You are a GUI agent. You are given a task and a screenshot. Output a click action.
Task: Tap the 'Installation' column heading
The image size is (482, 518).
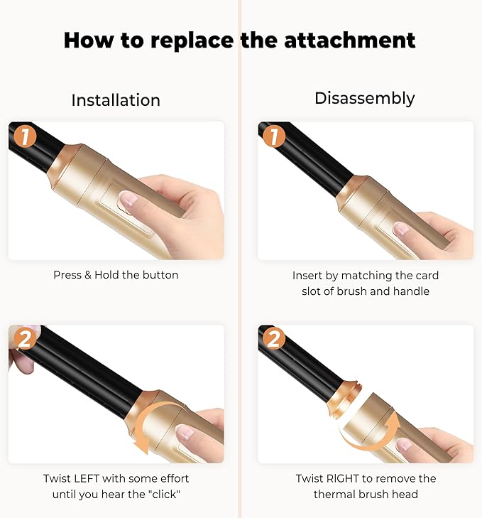point(116,100)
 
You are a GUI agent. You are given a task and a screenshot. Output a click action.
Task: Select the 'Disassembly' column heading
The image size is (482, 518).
point(364,98)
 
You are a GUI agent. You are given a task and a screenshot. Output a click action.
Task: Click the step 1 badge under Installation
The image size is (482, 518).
point(25,136)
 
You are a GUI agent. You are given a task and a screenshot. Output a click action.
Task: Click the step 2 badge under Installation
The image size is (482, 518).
point(25,339)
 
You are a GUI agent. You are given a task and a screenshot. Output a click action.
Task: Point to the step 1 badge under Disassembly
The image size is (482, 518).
point(274,136)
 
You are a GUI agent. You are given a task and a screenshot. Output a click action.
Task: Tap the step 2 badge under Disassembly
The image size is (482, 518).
point(274,339)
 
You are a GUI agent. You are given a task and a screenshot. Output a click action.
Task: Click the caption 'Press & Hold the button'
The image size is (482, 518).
point(116,275)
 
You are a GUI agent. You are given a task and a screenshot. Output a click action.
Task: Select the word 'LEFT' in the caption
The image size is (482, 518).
point(91,478)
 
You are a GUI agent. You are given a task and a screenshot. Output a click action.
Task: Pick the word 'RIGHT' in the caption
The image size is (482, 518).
point(346,478)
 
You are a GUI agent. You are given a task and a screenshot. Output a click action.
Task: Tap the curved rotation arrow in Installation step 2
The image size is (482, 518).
point(158,424)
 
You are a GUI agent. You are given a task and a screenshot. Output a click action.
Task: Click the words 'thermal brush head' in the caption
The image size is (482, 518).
point(365,494)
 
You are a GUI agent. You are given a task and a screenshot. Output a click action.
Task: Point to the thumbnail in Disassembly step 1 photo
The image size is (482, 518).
point(401,229)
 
